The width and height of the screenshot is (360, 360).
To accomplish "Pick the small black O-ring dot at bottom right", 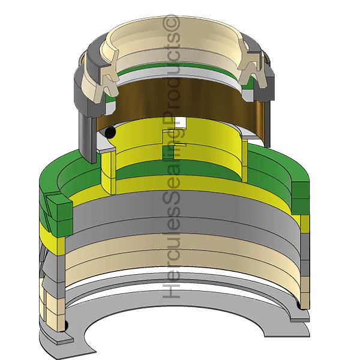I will point(301,312).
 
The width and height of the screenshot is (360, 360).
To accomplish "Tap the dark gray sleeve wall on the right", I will point(267,111).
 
